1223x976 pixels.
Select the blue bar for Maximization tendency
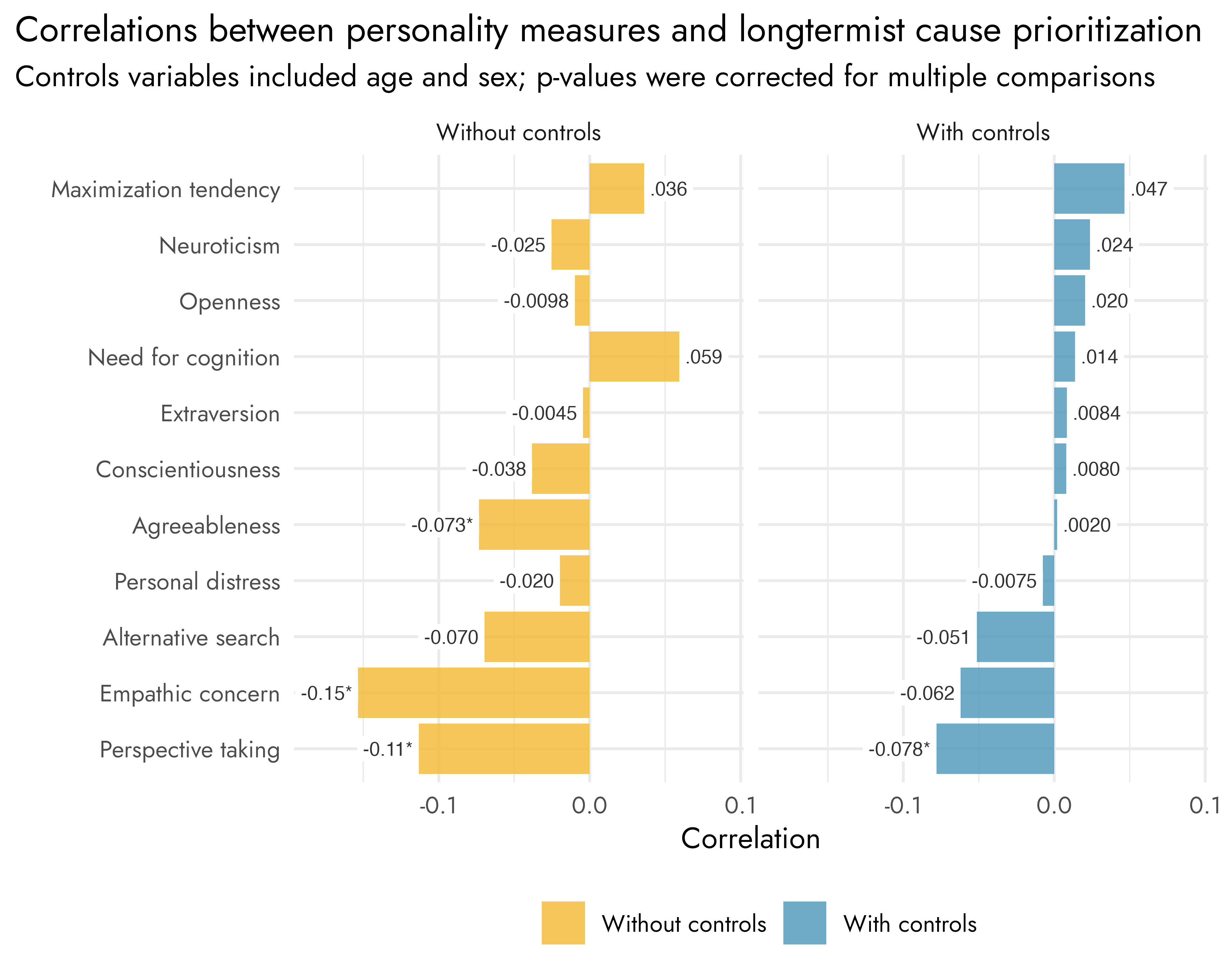pos(1089,188)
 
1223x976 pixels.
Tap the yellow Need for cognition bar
pos(634,356)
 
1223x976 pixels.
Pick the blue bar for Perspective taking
pos(995,749)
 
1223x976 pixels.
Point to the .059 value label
pos(703,357)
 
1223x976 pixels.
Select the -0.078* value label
pos(899,749)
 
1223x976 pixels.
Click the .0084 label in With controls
pos(1097,413)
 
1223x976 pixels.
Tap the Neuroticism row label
pos(219,246)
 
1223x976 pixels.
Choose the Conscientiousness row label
pos(188,469)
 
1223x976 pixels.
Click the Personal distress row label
pos(197,582)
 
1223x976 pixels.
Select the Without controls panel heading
pos(518,132)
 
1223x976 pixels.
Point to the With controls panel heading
pos(983,132)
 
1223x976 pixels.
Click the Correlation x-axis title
pos(750,839)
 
